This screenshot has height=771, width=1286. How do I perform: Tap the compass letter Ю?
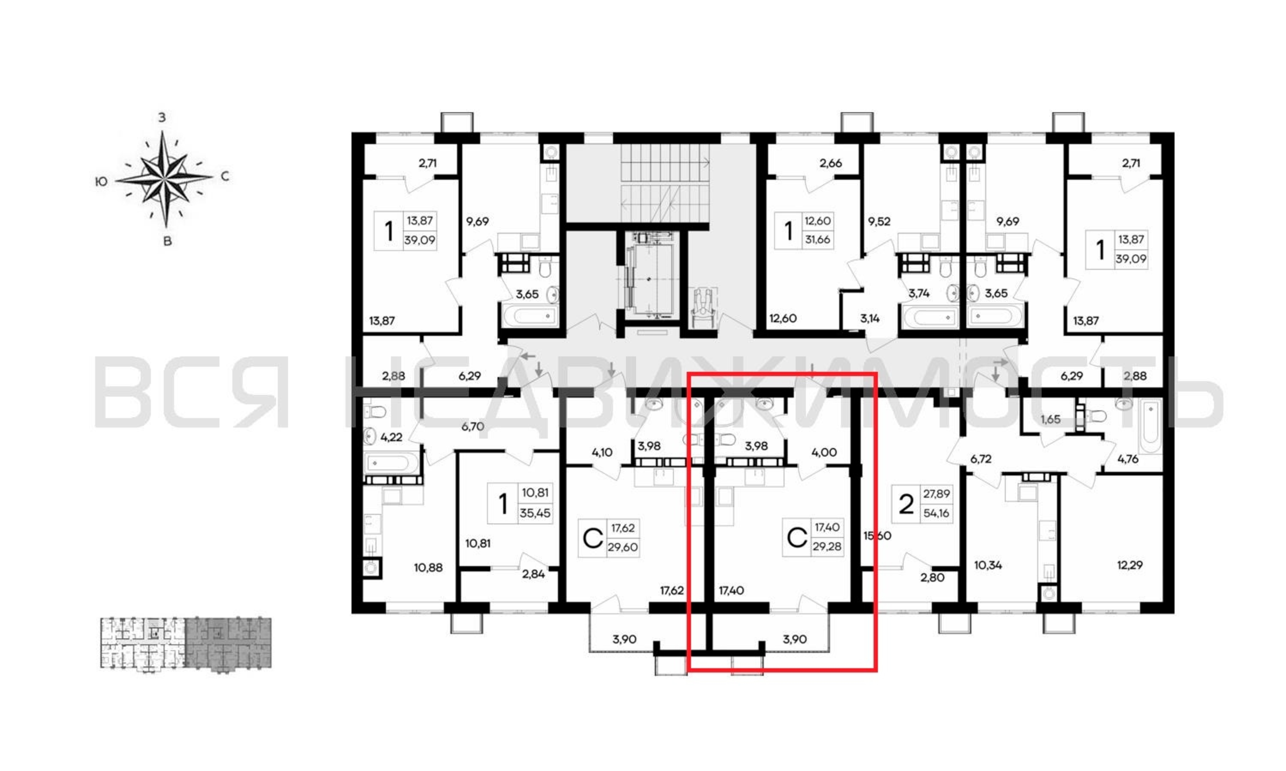pyautogui.click(x=101, y=181)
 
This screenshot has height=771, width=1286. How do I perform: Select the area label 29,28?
pyautogui.click(x=827, y=547)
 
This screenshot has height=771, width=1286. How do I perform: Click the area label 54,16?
pyautogui.click(x=936, y=513)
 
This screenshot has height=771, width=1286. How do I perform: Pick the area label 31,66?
pyautogui.click(x=818, y=239)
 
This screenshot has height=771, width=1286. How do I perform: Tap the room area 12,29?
pyautogui.click(x=1130, y=565)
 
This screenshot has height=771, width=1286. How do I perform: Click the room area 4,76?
pyautogui.click(x=1128, y=459)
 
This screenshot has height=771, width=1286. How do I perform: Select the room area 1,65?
pyautogui.click(x=1050, y=419)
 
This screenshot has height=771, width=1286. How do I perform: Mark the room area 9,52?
pyautogui.click(x=879, y=221)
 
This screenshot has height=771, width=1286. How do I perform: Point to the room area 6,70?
pyautogui.click(x=473, y=426)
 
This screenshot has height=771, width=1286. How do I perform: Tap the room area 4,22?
pyautogui.click(x=391, y=437)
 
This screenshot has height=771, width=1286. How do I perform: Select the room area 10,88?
pyautogui.click(x=428, y=567)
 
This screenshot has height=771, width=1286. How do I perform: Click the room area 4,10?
pyautogui.click(x=602, y=452)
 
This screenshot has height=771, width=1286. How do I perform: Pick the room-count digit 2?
pyautogui.click(x=906, y=504)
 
